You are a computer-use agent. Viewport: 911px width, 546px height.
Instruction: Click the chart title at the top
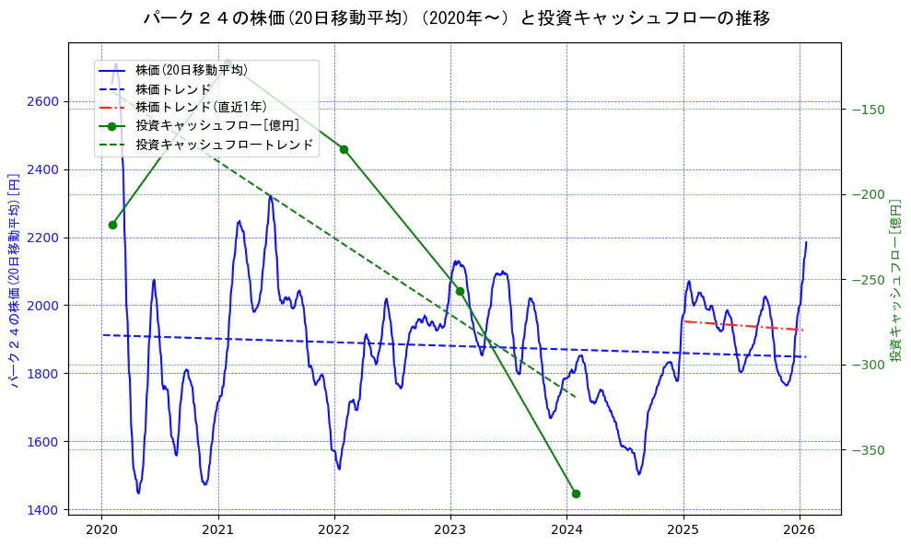[456, 18]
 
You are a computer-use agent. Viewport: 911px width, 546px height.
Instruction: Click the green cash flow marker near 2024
[576, 494]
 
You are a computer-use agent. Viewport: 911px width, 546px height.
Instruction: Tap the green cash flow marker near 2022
[344, 149]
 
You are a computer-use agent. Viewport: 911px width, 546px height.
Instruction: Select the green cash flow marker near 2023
[460, 291]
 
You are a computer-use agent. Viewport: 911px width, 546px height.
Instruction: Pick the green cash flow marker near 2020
[112, 225]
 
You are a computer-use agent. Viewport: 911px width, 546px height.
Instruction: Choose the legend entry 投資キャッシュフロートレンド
[224, 145]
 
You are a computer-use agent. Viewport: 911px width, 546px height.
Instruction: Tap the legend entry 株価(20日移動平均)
[191, 69]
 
